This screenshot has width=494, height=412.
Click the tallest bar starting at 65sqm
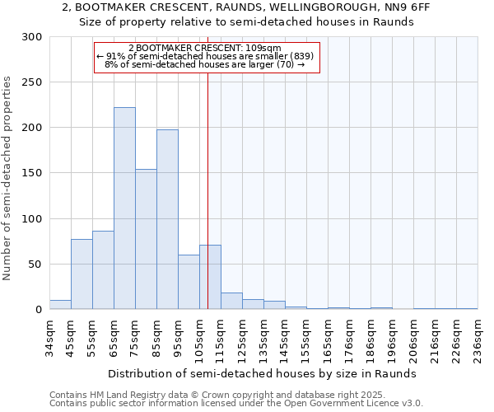[x=124, y=208]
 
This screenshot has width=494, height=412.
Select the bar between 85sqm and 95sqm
[x=167, y=219]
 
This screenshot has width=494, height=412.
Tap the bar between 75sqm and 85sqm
[x=146, y=239]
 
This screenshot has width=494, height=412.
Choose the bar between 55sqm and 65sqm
[x=103, y=270]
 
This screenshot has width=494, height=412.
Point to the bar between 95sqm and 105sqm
[x=189, y=282]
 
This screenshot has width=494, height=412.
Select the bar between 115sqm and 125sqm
[x=231, y=301]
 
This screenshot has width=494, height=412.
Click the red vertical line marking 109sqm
[x=207, y=165]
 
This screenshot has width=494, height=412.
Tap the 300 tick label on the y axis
[x=32, y=37]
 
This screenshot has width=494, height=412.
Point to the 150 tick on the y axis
[x=32, y=173]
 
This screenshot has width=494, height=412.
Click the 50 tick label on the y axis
[x=35, y=265]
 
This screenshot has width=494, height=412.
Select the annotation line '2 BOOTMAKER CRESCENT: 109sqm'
[x=206, y=48]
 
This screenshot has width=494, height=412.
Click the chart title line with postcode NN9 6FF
[x=246, y=7]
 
